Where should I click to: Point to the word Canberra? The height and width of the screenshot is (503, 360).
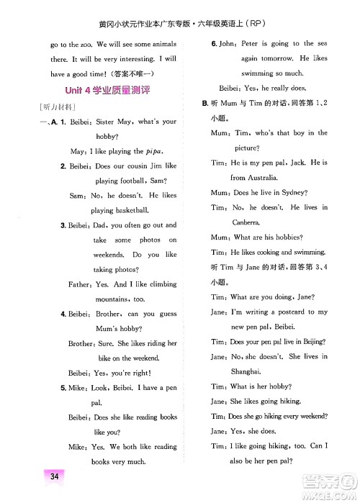click(246, 222)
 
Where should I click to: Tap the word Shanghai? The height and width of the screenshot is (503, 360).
click(245, 371)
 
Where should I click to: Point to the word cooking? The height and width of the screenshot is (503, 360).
click(269, 252)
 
